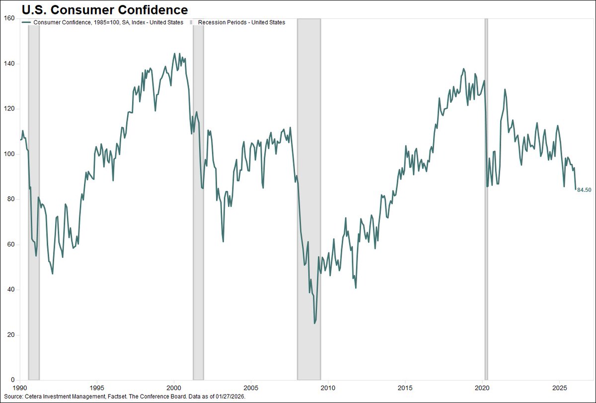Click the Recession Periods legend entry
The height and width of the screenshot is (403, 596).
(x=241, y=22)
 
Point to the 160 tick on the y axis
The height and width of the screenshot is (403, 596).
(x=10, y=19)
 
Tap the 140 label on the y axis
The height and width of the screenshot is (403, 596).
(x=10, y=64)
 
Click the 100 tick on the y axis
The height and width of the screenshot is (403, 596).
(x=10, y=154)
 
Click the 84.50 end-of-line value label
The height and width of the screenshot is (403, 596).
(x=584, y=190)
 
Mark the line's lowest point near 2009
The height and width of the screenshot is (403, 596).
(x=314, y=323)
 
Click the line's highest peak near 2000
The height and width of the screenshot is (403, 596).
(x=174, y=54)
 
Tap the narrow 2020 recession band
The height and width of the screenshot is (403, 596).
(x=486, y=199)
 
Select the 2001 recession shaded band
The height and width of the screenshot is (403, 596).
(x=198, y=199)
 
